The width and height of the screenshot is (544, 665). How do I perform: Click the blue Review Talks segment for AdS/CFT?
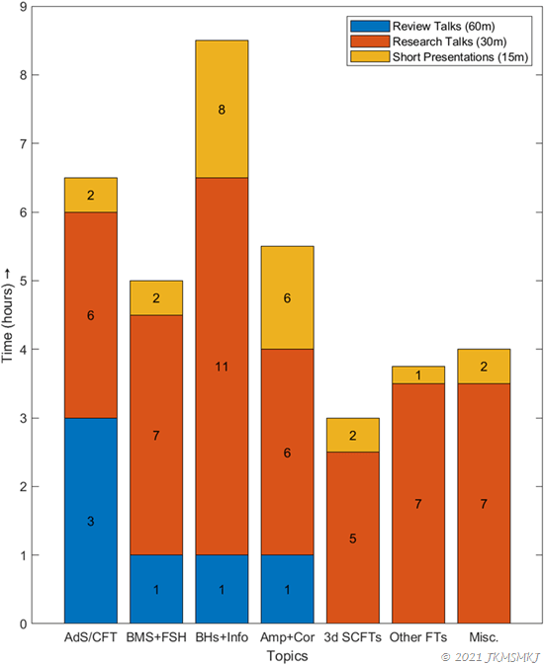pos(91,520)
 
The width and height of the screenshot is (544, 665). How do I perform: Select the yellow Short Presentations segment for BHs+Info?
pos(222,110)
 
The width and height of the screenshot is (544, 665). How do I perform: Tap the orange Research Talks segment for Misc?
pos(484,504)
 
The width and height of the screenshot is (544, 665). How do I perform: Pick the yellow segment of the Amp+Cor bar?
pos(287,297)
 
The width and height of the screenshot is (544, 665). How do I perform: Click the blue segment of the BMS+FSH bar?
pos(156,589)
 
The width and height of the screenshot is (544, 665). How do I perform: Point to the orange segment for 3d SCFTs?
pos(352,538)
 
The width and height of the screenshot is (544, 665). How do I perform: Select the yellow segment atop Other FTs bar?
pos(417,374)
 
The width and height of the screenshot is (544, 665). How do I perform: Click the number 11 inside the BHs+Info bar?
pos(222,367)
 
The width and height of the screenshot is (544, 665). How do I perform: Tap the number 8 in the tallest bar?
pos(222,110)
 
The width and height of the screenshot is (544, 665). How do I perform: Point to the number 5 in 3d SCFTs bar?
pos(352,539)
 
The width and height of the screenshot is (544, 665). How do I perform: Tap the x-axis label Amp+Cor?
pos(287,638)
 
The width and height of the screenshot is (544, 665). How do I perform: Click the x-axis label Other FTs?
pos(417,638)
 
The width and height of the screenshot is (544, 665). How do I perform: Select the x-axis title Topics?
pos(287,655)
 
